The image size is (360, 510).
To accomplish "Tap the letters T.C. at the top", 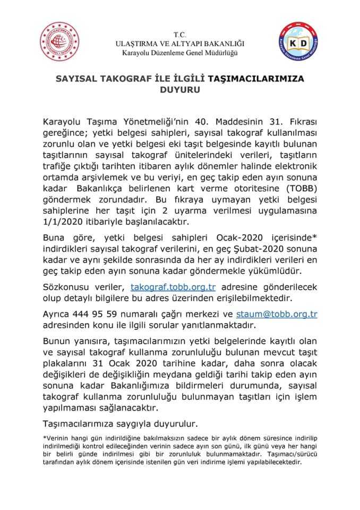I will [x=180, y=34].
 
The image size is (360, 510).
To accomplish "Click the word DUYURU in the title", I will [x=179, y=90].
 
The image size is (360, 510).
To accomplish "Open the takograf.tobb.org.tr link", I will [x=173, y=287].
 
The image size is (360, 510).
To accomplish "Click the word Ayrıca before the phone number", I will [x=56, y=314].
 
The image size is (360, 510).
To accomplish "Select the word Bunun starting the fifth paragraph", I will [x=56, y=341].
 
